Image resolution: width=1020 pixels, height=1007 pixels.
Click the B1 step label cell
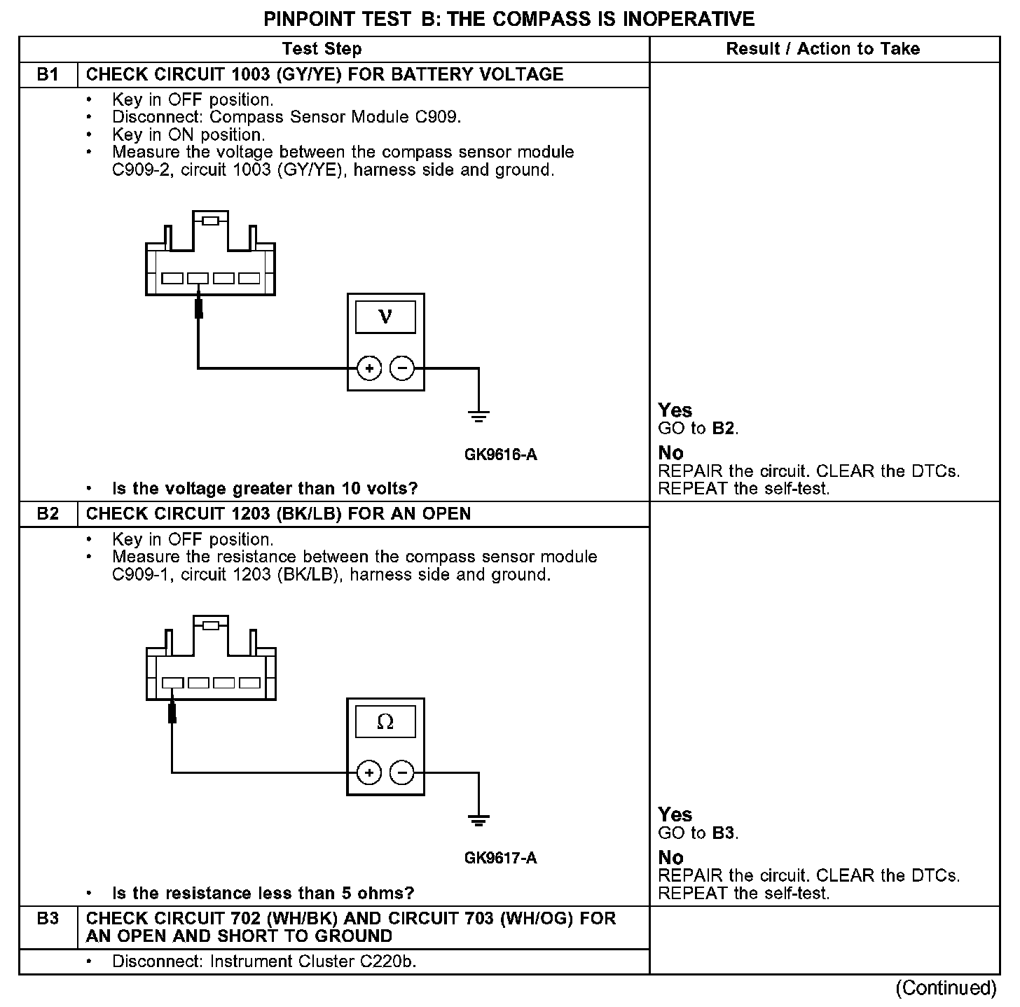(48, 75)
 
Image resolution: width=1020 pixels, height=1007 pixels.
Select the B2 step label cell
(48, 514)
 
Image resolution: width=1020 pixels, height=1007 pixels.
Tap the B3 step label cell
(48, 919)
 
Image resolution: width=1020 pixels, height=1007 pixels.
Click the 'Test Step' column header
(322, 49)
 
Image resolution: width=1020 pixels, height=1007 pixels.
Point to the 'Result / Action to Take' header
(823, 49)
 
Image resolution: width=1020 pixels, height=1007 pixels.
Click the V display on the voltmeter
(385, 317)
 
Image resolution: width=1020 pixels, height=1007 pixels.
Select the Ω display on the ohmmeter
(385, 722)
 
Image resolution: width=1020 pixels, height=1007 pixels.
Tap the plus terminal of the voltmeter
(369, 368)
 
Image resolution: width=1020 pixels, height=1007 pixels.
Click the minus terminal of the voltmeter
(401, 368)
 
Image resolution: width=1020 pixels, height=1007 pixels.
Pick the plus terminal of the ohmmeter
(369, 773)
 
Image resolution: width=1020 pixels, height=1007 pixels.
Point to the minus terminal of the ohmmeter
(401, 773)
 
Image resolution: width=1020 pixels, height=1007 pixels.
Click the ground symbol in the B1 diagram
(478, 416)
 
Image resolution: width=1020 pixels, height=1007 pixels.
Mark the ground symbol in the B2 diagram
(478, 820)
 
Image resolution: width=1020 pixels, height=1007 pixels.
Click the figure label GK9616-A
(500, 455)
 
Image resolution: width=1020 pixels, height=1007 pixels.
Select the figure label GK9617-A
(500, 859)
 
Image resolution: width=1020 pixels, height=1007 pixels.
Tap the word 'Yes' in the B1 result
(675, 410)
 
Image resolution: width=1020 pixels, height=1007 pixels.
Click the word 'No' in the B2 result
(670, 857)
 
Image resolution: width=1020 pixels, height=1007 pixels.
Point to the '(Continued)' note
(945, 988)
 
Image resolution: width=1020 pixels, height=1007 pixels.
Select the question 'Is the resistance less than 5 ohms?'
(263, 894)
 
